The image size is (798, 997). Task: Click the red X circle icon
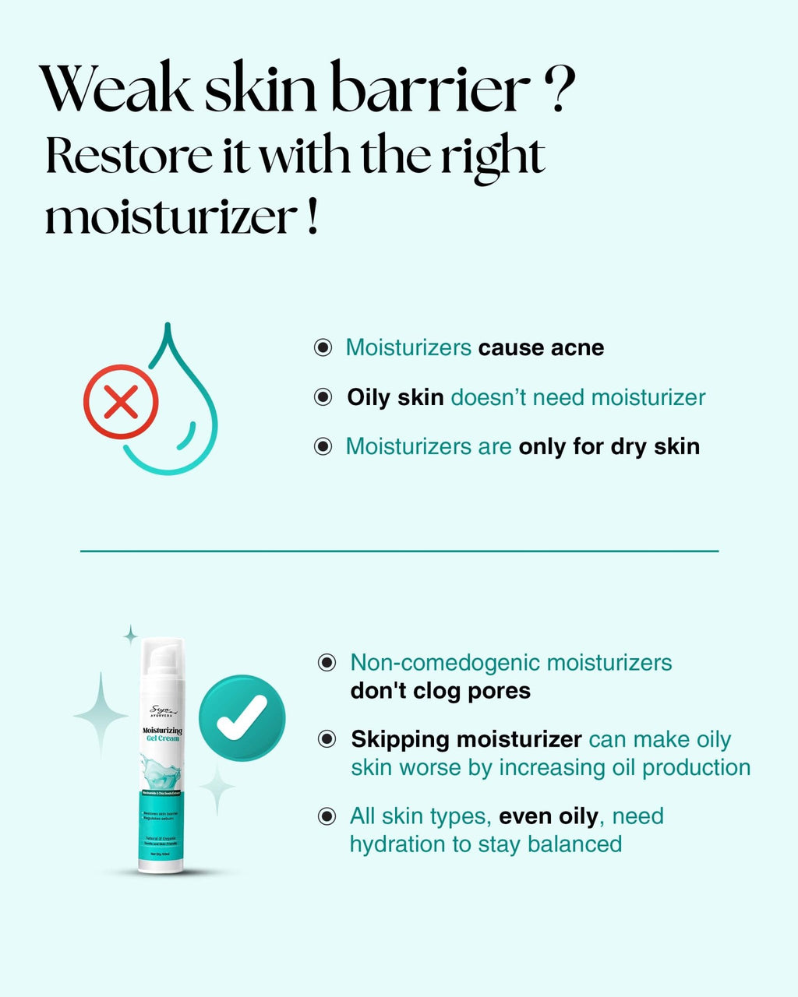coord(121,402)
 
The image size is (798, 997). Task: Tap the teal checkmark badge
coord(242,717)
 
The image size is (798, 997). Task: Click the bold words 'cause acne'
coord(541,347)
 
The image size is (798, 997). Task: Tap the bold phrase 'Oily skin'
coord(395,397)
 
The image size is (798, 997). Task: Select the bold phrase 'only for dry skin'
coord(609,446)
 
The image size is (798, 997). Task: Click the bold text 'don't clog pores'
coord(440,691)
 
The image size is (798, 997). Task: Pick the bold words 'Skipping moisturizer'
coord(466,739)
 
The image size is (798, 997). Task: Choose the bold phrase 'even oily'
coord(549,816)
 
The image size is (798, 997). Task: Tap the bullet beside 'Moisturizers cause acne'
coord(323,347)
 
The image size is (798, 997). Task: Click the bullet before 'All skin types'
coord(327,816)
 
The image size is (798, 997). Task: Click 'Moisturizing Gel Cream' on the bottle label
coord(162,734)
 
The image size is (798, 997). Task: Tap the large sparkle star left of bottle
coord(101,714)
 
